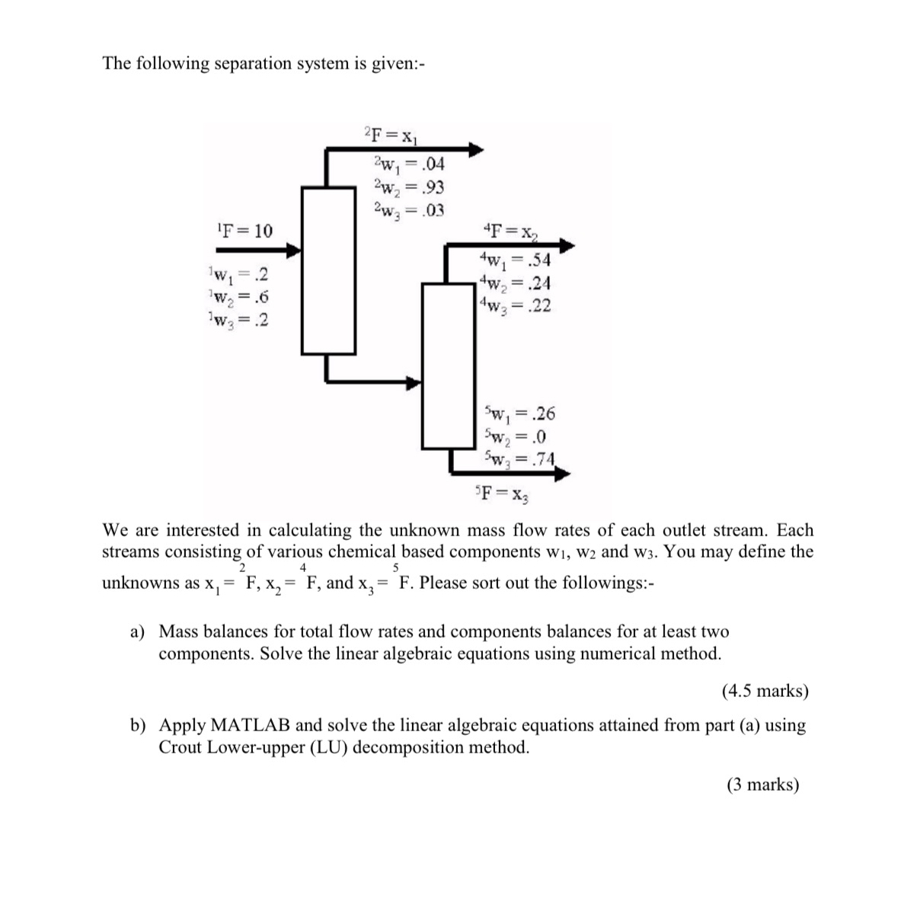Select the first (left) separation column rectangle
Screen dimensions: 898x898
[329, 270]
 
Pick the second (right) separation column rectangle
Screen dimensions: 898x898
[449, 366]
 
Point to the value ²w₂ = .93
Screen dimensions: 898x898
[409, 187]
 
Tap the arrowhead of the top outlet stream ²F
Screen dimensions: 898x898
[477, 149]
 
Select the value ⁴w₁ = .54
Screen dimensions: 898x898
[515, 260]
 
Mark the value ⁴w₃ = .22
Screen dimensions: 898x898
[515, 306]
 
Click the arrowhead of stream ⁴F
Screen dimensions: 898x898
[567, 245]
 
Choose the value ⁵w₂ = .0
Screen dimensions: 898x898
[515, 437]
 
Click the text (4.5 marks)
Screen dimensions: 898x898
[764, 691]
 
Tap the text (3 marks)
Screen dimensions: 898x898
[762, 785]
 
